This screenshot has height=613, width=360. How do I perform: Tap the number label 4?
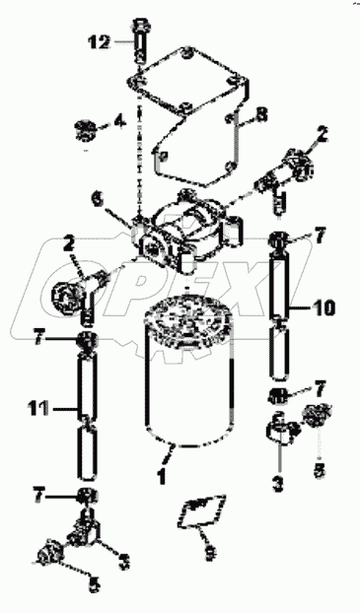119,122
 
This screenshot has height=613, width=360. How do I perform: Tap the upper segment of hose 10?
283,278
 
